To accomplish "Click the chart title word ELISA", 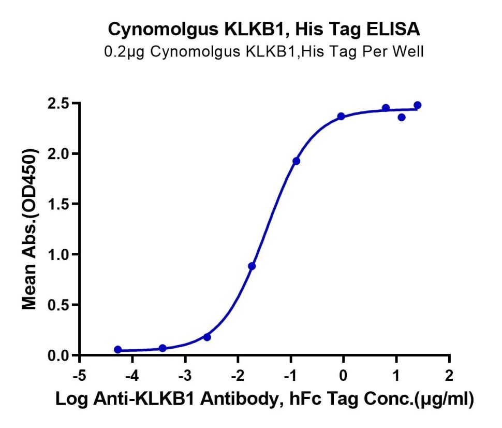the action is coord(393,29).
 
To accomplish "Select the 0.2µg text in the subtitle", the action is coord(125,52).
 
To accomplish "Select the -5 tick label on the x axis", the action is coord(79,376).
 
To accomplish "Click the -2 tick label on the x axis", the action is coord(238,376).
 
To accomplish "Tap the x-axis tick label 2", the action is coord(449,376).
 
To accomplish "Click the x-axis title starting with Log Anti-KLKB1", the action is coord(264,400).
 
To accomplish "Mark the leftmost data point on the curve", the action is coord(118,349).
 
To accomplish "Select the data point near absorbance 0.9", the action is coord(252,266).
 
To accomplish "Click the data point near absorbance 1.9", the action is coord(297,161).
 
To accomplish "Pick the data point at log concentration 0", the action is coord(341,116).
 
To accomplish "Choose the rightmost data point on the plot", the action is coord(418,105).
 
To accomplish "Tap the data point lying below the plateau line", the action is coord(402,117).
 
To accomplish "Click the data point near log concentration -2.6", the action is coord(207,337).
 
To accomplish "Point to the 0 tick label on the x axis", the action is coord(343,376).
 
